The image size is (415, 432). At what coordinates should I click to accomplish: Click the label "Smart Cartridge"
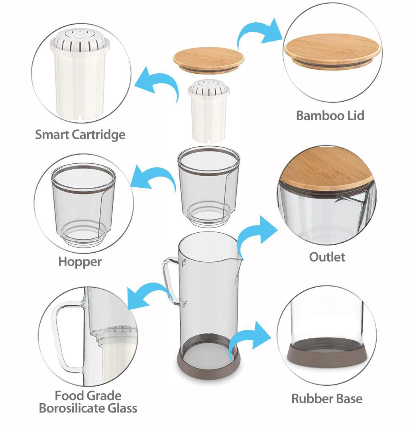point(80,134)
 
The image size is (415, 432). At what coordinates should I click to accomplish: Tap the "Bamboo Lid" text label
point(330,116)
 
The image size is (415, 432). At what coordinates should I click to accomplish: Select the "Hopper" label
point(80,262)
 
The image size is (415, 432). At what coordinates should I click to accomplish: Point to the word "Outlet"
point(327,257)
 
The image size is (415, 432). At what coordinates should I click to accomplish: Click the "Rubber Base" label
point(327,399)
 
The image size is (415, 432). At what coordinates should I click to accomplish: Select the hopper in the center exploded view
point(208,185)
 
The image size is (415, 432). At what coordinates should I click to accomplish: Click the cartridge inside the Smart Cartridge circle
point(81,74)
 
